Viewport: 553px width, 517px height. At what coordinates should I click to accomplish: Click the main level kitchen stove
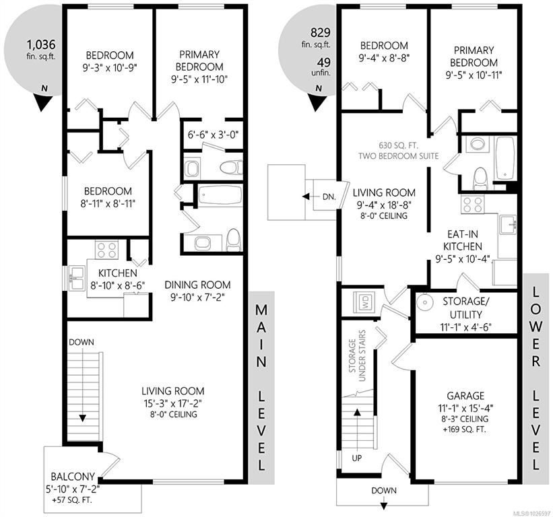point(106,249)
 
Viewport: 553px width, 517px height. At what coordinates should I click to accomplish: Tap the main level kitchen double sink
point(77,278)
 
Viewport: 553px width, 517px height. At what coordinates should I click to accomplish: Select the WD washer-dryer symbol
point(364,302)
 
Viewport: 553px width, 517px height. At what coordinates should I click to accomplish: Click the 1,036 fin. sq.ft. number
point(41,44)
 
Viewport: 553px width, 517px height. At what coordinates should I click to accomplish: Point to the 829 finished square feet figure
point(320,32)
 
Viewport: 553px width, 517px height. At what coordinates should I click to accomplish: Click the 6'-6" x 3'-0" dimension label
point(212,134)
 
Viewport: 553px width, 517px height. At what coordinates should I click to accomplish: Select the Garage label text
point(465,396)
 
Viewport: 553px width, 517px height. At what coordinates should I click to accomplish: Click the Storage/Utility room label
point(465,308)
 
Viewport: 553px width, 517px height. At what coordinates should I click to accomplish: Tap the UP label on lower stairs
point(357,458)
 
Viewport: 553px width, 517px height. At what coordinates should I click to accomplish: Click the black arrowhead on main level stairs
point(83,418)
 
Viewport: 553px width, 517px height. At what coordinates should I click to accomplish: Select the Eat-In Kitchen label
point(462,240)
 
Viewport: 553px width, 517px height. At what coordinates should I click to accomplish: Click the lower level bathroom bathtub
point(505,158)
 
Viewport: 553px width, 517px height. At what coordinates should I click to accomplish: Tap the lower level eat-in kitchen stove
point(473,205)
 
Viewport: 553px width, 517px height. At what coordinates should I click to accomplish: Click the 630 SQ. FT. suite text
point(399,145)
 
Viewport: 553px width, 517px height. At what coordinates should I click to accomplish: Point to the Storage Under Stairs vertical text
point(357,355)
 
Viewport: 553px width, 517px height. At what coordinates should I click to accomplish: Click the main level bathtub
point(220,195)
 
